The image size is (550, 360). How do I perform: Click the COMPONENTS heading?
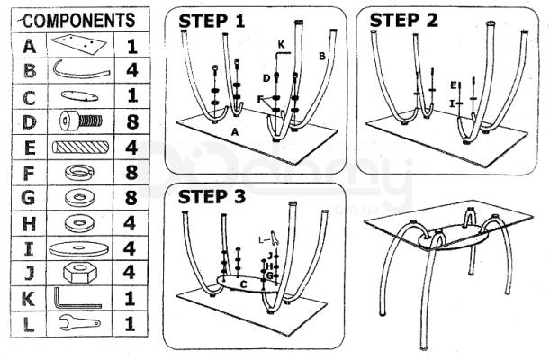click(x=75, y=18)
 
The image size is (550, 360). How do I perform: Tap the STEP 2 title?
click(x=406, y=20)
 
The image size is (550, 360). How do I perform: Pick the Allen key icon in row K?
click(x=76, y=297)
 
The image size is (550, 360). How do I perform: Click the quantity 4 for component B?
click(x=132, y=69)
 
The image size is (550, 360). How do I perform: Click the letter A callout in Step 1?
click(x=235, y=131)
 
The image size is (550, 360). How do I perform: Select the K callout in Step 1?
click(x=281, y=44)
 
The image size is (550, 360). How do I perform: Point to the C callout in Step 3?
click(x=242, y=283)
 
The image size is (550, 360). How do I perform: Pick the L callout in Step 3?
click(x=261, y=239)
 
